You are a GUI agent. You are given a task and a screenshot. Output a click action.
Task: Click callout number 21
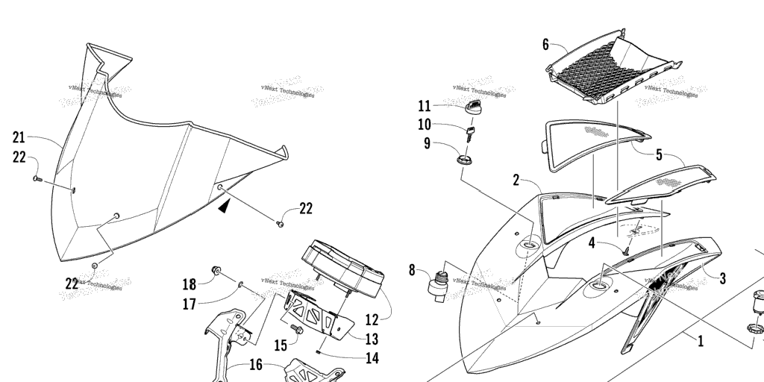19,137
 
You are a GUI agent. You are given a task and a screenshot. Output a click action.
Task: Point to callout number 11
424,105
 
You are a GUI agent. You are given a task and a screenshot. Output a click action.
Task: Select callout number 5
659,155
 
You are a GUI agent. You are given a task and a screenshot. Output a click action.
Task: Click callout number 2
516,179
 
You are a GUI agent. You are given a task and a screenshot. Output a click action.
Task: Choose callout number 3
721,278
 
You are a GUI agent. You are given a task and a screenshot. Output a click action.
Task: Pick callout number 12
372,320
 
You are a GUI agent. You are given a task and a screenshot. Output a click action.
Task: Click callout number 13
371,339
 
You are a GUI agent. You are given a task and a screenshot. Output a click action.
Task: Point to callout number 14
371,359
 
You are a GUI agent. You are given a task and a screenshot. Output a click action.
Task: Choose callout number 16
255,365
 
